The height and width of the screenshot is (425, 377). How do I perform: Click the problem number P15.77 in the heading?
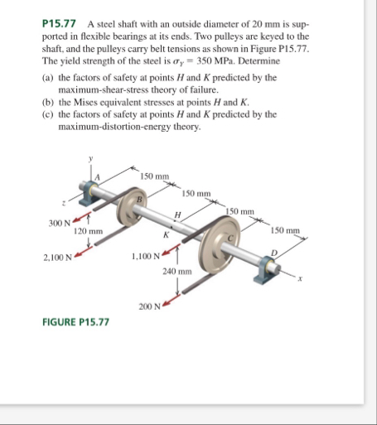pyautogui.click(x=59, y=24)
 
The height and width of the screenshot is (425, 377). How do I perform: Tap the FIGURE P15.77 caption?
pyautogui.click(x=75, y=322)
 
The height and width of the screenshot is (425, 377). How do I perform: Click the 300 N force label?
pyautogui.click(x=60, y=223)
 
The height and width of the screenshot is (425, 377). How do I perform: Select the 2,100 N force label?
pyautogui.click(x=57, y=258)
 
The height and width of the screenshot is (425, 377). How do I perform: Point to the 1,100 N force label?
pyautogui.click(x=146, y=257)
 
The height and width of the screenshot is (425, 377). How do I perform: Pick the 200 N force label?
pyautogui.click(x=149, y=307)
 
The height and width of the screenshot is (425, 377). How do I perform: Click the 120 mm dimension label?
pyautogui.click(x=88, y=231)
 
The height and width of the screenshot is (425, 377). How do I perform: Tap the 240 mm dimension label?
pyautogui.click(x=177, y=272)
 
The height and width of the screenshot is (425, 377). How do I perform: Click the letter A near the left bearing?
pyautogui.click(x=97, y=177)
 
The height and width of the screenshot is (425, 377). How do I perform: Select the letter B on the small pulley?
pyautogui.click(x=140, y=199)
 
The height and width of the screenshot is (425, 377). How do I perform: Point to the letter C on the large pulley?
pyautogui.click(x=231, y=238)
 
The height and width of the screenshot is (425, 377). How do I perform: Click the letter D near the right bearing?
pyautogui.click(x=273, y=253)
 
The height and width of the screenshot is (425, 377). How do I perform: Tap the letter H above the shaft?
pyautogui.click(x=177, y=215)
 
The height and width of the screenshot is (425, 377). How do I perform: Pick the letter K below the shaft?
pyautogui.click(x=166, y=235)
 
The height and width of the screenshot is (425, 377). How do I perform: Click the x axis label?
pyautogui.click(x=300, y=279)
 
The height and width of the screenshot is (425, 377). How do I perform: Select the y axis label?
pyautogui.click(x=90, y=159)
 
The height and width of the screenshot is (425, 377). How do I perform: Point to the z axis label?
pyautogui.click(x=64, y=204)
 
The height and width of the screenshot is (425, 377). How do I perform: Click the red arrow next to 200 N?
pyautogui.click(x=172, y=300)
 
